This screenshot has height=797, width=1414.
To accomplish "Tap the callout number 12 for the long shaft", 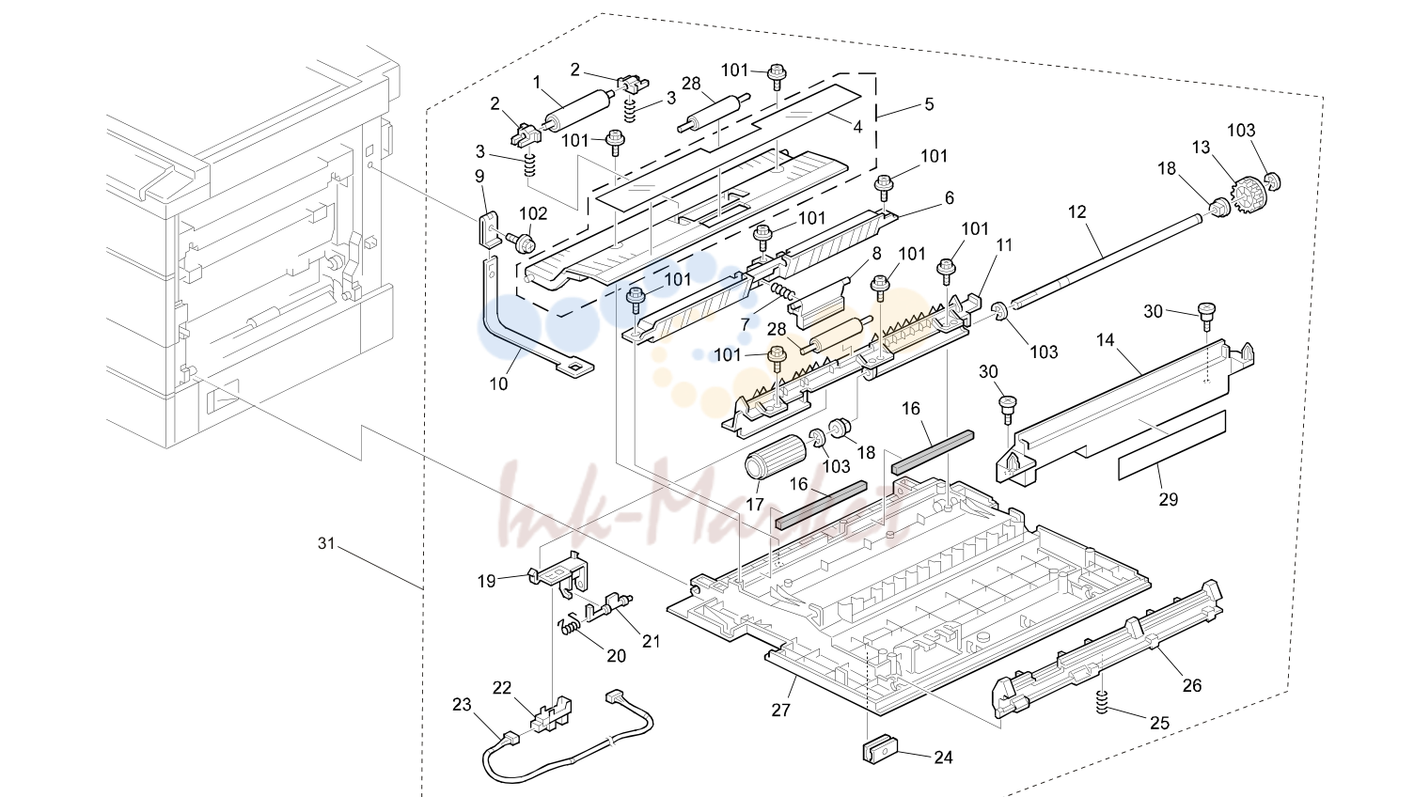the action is coord(1076,211).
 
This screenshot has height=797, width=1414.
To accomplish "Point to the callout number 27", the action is coord(781,710).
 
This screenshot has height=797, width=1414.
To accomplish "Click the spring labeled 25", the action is coord(1102,702).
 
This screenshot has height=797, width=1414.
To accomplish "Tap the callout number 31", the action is coord(325,542).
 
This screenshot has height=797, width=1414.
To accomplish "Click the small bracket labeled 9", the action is coord(489,228).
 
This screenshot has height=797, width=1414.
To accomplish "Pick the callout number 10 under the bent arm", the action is coord(498,383).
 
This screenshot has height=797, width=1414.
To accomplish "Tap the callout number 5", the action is coord(929,103).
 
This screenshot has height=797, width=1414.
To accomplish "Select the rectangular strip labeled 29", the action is coord(1171,445).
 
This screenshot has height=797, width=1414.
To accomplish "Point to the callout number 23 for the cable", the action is coord(462,704).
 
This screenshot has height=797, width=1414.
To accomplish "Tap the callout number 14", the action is coord(1106,340).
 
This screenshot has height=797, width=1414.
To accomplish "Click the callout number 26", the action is coord(1192,685).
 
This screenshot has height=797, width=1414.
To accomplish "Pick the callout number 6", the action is coord(950,197).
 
